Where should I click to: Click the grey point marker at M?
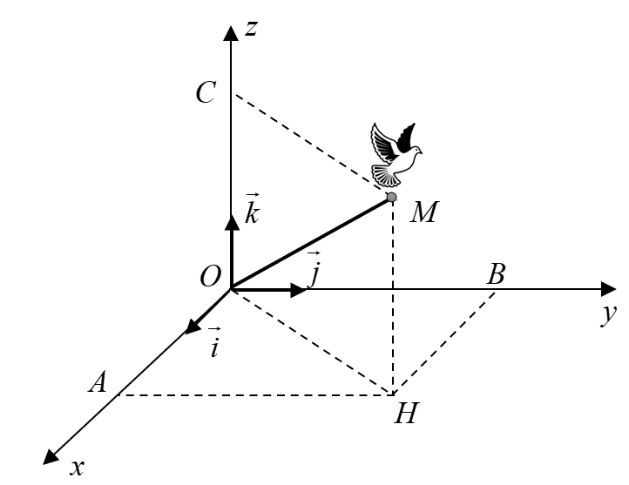(x=391, y=197)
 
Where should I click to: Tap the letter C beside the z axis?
(x=206, y=92)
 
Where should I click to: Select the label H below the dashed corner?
(x=406, y=414)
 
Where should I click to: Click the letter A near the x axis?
(x=98, y=381)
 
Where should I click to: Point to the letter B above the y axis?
(x=496, y=274)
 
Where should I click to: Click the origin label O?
(x=210, y=277)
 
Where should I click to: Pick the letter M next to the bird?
(x=424, y=212)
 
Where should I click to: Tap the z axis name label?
(x=252, y=29)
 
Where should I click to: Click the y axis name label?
(x=609, y=314)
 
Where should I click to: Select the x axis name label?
(x=77, y=468)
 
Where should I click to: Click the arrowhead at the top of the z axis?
(x=231, y=33)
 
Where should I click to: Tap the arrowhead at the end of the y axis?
(x=608, y=289)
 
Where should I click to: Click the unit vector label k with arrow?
(x=252, y=208)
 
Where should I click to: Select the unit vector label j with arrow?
(x=314, y=269)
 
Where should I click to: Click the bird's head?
(x=416, y=151)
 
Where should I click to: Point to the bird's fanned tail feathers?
(x=386, y=176)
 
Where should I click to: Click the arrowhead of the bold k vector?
(x=232, y=223)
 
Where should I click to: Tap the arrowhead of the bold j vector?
(x=298, y=289)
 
